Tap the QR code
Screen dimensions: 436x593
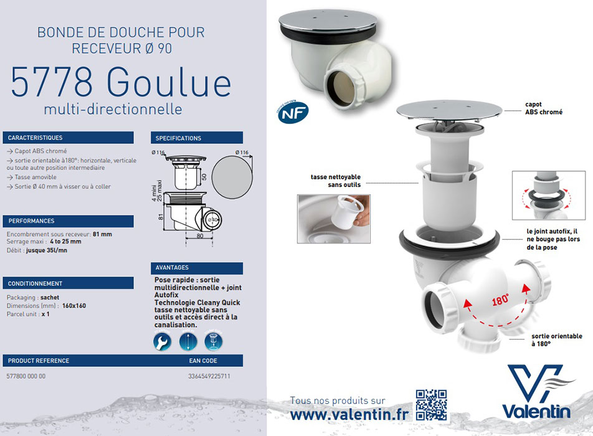431,405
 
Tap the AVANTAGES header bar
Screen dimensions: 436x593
196,268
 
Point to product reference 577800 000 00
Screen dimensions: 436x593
26,377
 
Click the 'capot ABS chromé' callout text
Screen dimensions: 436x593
543,108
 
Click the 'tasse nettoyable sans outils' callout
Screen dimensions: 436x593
336,181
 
